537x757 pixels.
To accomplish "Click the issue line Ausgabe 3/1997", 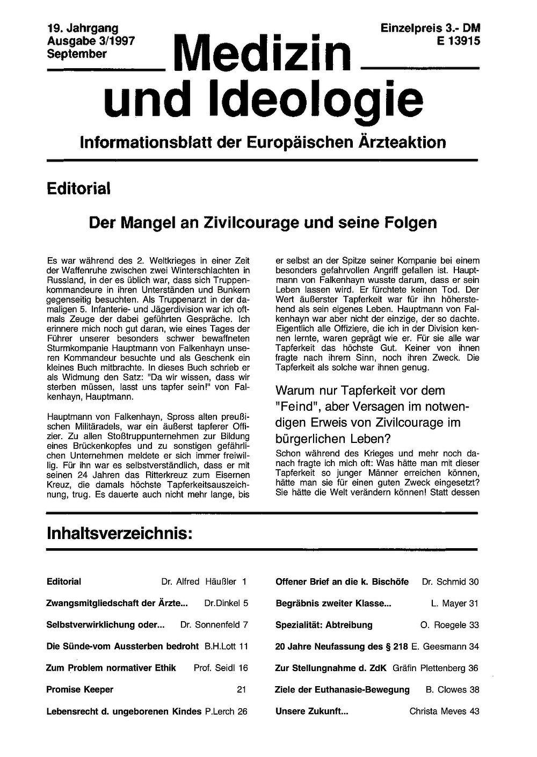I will (90, 41).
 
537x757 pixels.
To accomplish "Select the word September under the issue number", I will (76, 54).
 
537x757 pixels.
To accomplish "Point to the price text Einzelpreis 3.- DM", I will (430, 28).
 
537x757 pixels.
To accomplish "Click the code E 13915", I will (458, 41).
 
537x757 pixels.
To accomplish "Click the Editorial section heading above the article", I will (78, 188).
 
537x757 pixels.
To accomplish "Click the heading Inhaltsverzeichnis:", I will (119, 534).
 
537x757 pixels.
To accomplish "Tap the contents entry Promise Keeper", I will (80, 689).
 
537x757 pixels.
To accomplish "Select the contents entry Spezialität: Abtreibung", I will (324, 625).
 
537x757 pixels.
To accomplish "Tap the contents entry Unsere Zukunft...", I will (311, 711).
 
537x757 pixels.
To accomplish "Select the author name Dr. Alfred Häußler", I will (198, 581).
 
